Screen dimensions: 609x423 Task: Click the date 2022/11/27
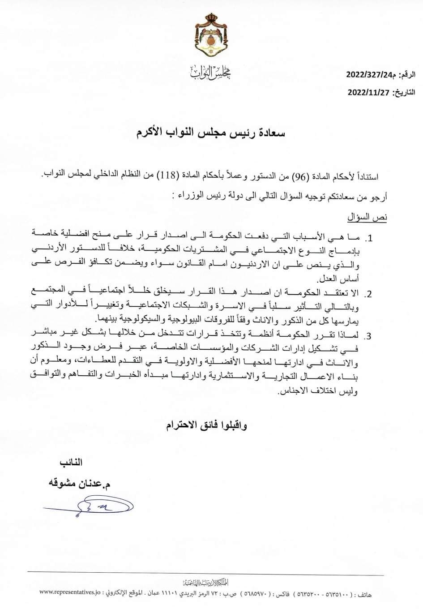tap(369, 93)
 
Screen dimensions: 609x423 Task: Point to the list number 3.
tap(370, 336)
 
